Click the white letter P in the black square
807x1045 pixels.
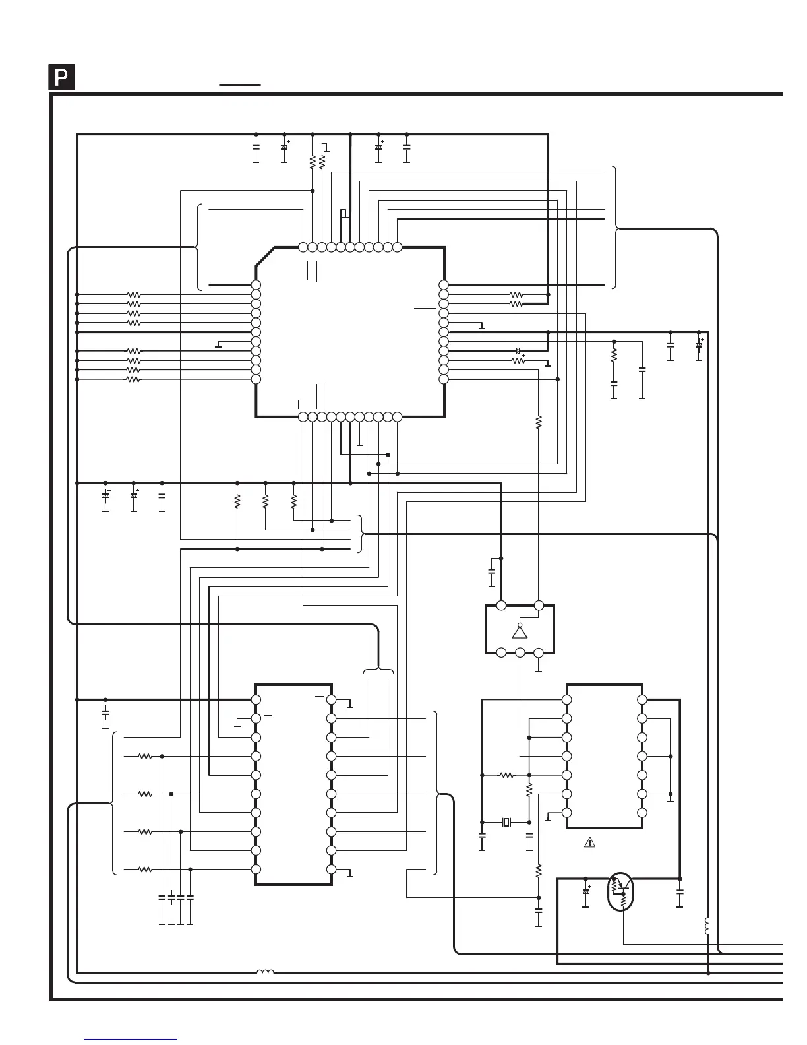click(x=61, y=78)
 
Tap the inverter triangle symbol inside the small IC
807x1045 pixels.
click(x=520, y=631)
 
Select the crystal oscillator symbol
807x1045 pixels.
click(x=506, y=822)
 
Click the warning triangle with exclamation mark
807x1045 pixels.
click(x=590, y=842)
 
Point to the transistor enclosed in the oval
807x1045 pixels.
click(x=620, y=891)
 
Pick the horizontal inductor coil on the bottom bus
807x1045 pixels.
click(x=265, y=971)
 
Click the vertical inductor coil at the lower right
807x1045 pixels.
click(x=707, y=926)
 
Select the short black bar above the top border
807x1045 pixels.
click(x=240, y=85)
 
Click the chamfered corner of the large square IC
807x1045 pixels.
click(x=265, y=257)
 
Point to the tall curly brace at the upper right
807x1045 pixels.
click(x=615, y=228)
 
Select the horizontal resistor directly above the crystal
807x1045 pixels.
click(x=506, y=775)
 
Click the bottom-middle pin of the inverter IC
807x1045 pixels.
click(x=520, y=652)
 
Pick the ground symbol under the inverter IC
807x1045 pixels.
click(x=539, y=668)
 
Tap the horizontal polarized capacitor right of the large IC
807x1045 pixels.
click(x=518, y=350)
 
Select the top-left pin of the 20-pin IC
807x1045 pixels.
click(x=256, y=699)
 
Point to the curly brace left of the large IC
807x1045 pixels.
click(x=198, y=247)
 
